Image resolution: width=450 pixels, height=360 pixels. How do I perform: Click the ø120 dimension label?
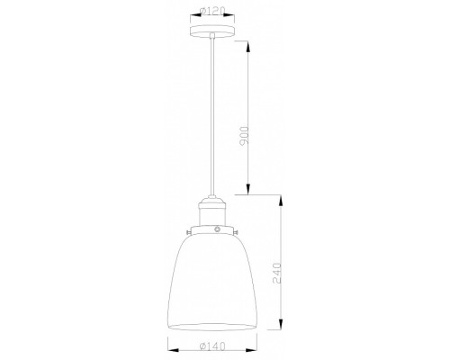(x=212, y=13)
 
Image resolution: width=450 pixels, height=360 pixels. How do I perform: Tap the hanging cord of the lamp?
(x=212, y=117)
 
